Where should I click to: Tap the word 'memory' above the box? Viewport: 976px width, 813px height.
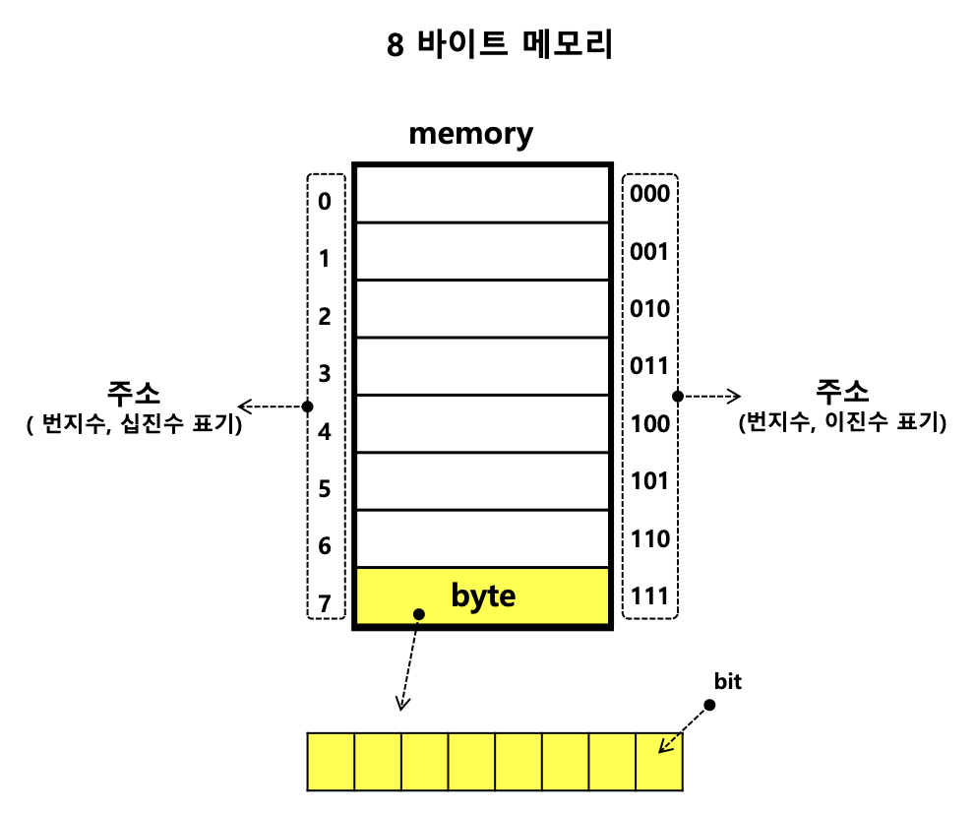(470, 133)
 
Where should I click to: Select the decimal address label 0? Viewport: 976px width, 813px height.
(325, 202)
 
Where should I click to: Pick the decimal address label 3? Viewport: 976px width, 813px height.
(325, 373)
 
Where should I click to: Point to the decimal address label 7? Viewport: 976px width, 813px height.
(325, 602)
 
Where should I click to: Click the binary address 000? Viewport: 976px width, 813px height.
(649, 194)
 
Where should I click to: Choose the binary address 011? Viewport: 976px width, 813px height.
(649, 366)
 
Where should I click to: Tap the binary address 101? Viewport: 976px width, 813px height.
(649, 481)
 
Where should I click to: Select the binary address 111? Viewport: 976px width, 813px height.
(649, 596)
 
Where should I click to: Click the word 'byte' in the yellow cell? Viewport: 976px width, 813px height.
(483, 595)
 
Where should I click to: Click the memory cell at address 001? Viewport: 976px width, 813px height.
(482, 251)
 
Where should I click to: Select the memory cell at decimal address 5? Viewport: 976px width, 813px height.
(482, 481)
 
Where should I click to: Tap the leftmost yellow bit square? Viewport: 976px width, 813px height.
(331, 761)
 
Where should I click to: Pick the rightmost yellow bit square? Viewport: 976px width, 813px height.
(659, 761)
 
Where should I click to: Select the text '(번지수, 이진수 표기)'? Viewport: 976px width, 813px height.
(841, 423)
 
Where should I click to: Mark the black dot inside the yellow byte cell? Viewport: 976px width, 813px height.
(419, 614)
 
